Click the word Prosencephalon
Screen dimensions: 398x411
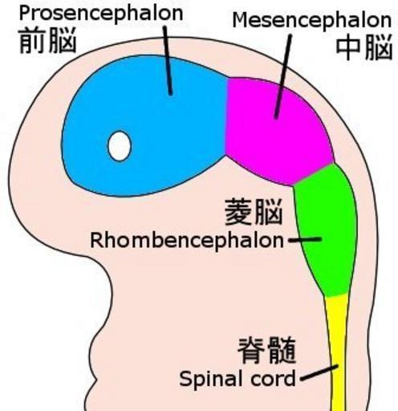(x=101, y=14)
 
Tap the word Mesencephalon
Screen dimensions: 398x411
(x=312, y=21)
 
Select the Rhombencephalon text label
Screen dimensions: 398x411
(x=187, y=241)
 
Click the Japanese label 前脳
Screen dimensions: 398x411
(x=47, y=41)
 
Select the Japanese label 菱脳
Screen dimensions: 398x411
(x=254, y=213)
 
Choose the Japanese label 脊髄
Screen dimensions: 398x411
(x=267, y=350)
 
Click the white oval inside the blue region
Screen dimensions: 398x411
(x=120, y=146)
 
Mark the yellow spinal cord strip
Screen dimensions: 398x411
(x=338, y=353)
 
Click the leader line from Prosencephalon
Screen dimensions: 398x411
(x=168, y=60)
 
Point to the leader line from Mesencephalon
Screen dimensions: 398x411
(x=283, y=76)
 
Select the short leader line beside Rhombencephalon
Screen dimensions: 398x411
(x=305, y=239)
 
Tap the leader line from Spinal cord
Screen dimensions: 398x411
(x=319, y=372)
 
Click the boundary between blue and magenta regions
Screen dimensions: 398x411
(x=227, y=116)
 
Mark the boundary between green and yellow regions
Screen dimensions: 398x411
(x=337, y=295)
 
